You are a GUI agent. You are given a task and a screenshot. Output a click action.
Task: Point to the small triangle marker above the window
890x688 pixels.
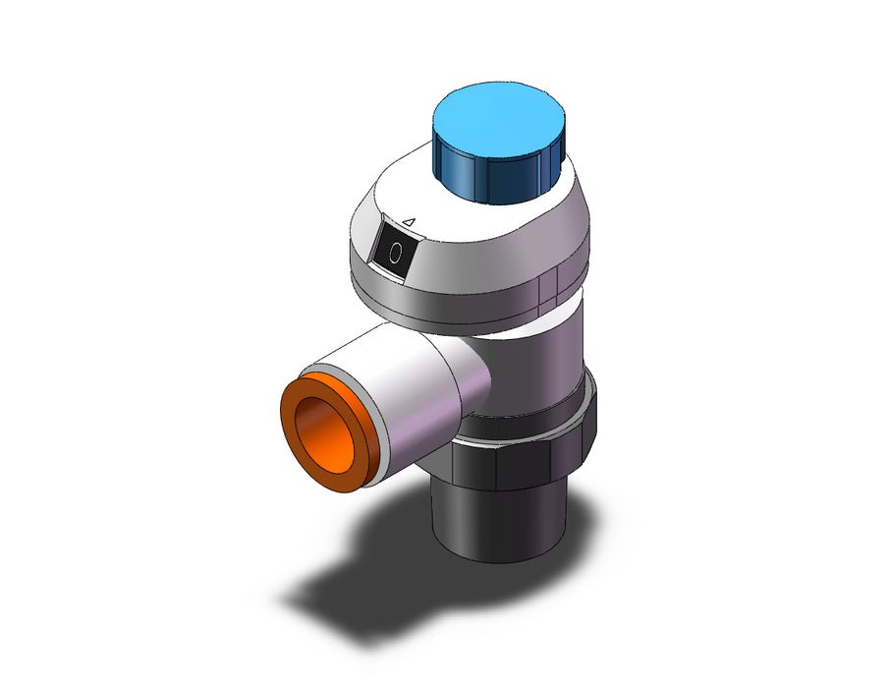[x=410, y=223]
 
